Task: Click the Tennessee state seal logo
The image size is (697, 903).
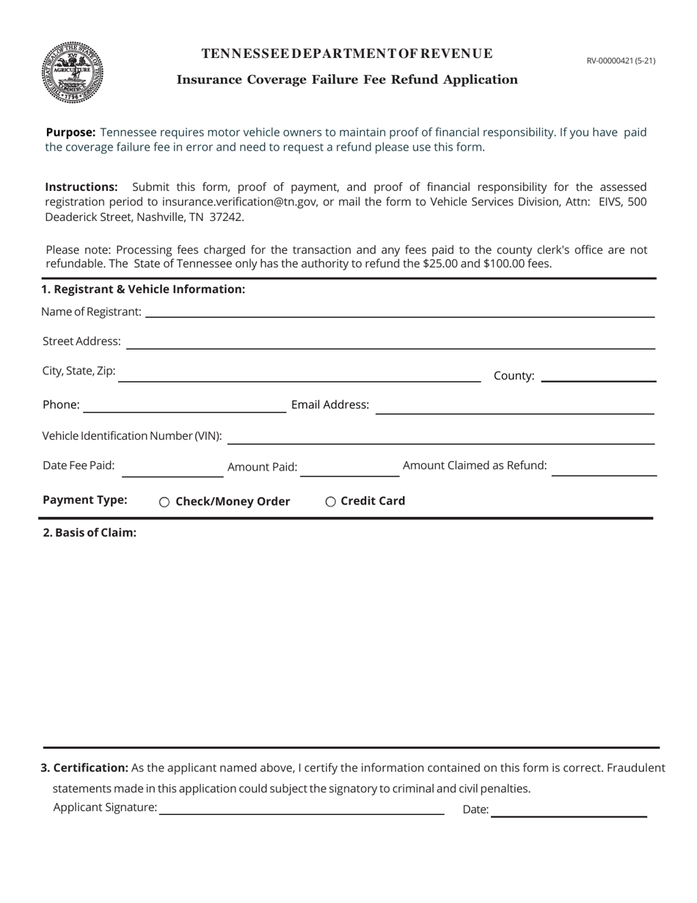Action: [72, 72]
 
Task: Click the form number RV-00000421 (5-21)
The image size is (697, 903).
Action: [621, 61]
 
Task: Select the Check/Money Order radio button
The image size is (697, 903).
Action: [164, 502]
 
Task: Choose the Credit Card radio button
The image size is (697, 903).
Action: [331, 502]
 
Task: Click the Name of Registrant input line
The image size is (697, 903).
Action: [400, 311]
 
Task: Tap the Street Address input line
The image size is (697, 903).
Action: [390, 342]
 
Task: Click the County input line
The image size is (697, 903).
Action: [598, 376]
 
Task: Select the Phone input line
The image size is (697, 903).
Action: [185, 406]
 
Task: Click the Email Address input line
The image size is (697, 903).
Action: [514, 407]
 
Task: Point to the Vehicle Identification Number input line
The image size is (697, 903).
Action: [441, 438]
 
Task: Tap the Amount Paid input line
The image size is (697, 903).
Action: [350, 470]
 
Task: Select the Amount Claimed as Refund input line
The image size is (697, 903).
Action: [604, 470]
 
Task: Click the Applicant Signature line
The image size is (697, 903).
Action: [302, 808]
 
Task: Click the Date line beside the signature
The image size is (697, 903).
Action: [569, 810]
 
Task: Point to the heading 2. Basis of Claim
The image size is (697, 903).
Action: [90, 533]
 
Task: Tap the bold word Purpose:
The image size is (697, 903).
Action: [70, 132]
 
